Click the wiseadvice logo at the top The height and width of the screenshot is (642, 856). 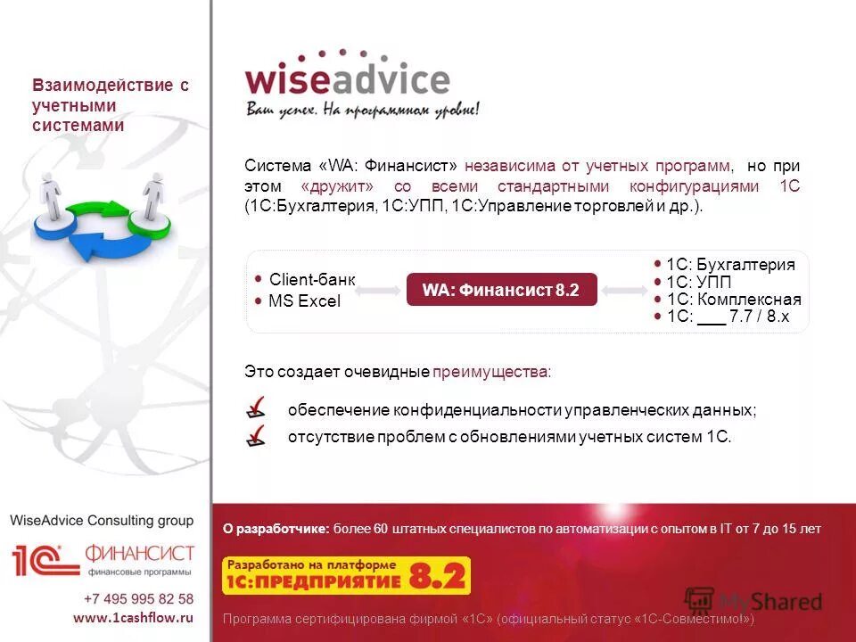tap(348, 80)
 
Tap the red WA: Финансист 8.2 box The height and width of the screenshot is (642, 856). tap(501, 290)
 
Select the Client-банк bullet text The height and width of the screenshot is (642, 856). tap(311, 279)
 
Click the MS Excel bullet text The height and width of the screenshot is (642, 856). tap(304, 301)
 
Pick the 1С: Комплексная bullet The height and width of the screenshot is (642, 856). tap(734, 299)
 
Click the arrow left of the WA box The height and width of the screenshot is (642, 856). tap(381, 291)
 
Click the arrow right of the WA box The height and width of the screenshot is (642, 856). tap(623, 291)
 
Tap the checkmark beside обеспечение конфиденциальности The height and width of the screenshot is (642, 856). tap(256, 408)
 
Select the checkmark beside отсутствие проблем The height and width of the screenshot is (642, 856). tap(256, 436)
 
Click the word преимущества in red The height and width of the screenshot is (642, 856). tap(491, 371)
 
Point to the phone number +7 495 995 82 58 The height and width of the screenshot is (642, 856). tap(138, 598)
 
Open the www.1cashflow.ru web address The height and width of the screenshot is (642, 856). tap(133, 617)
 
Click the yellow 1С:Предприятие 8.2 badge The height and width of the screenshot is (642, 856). tap(346, 576)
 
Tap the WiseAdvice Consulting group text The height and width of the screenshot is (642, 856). tap(102, 520)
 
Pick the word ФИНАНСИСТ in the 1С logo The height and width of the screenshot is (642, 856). tap(140, 553)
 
